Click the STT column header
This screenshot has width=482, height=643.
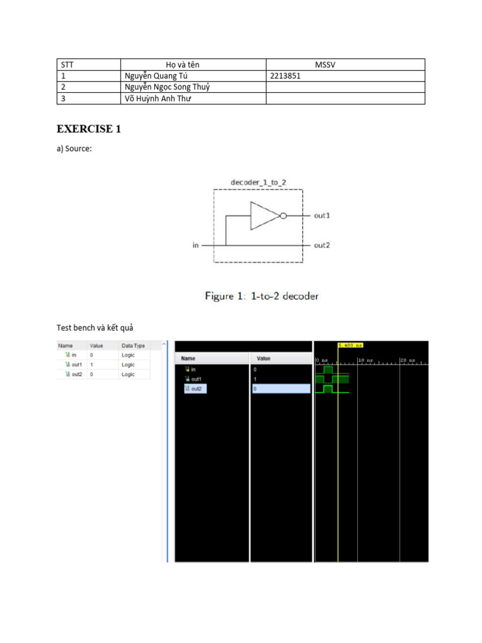click(x=67, y=65)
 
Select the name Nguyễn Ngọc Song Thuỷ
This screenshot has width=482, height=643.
click(x=167, y=87)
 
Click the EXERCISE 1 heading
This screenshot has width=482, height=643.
click(x=88, y=129)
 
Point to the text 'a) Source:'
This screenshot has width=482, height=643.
click(x=75, y=148)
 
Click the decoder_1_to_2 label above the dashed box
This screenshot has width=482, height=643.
click(x=259, y=182)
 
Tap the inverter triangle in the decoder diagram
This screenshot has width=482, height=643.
click(x=264, y=215)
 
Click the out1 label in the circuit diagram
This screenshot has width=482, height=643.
click(x=322, y=215)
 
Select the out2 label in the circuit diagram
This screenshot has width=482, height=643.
click(x=322, y=245)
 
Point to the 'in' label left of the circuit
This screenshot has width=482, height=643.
click(x=195, y=245)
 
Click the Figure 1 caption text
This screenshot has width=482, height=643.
click(x=262, y=296)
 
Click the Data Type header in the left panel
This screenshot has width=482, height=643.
click(x=133, y=345)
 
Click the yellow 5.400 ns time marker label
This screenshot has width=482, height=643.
click(x=350, y=345)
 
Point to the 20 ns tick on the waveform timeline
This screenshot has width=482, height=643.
click(x=407, y=360)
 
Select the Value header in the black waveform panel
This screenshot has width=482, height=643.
click(x=264, y=358)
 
